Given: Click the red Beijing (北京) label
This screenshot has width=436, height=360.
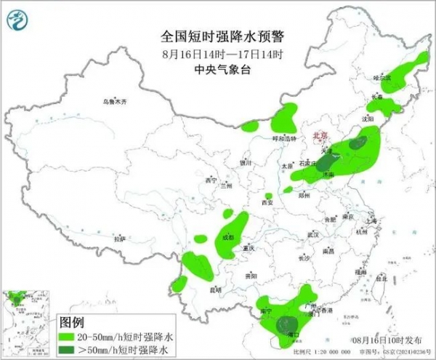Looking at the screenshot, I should (x=320, y=135).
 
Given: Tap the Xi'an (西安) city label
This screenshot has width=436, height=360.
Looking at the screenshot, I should (x=265, y=203).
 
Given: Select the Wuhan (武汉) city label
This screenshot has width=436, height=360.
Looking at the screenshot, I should (x=312, y=234).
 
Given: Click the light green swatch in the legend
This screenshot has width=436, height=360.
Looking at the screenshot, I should (x=69, y=337).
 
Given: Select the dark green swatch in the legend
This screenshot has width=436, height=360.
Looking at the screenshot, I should (x=69, y=349).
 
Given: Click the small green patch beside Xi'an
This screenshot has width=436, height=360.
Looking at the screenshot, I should (x=269, y=196).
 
